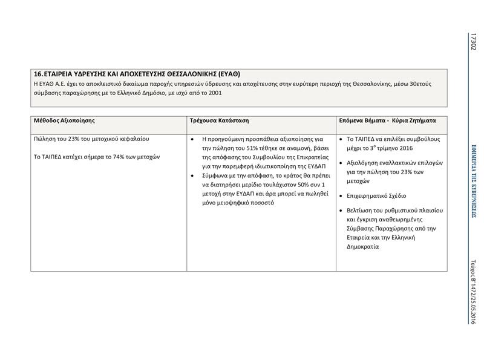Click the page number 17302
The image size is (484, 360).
coord(474,41)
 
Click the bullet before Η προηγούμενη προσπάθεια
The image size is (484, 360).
coord(192,139)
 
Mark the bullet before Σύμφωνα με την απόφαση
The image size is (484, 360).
coord(192,175)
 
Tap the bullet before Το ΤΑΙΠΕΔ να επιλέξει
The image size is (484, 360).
coord(342,139)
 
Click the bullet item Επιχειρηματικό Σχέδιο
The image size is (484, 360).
coord(376,195)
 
